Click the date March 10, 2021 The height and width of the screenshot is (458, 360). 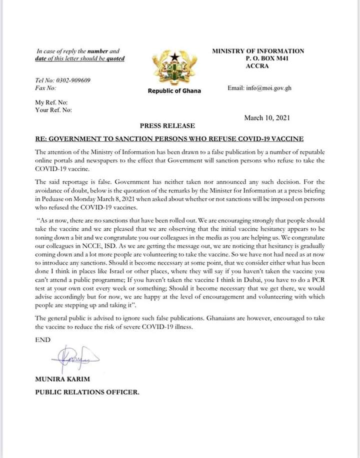266,118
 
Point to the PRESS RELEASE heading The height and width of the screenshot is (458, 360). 167,126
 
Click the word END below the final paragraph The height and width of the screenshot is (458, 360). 43,339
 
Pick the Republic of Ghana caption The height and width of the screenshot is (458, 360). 174,91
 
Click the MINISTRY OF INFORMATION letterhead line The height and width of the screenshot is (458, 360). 258,51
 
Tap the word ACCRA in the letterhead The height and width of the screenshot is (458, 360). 258,66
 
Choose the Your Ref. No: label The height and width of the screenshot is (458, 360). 53,109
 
